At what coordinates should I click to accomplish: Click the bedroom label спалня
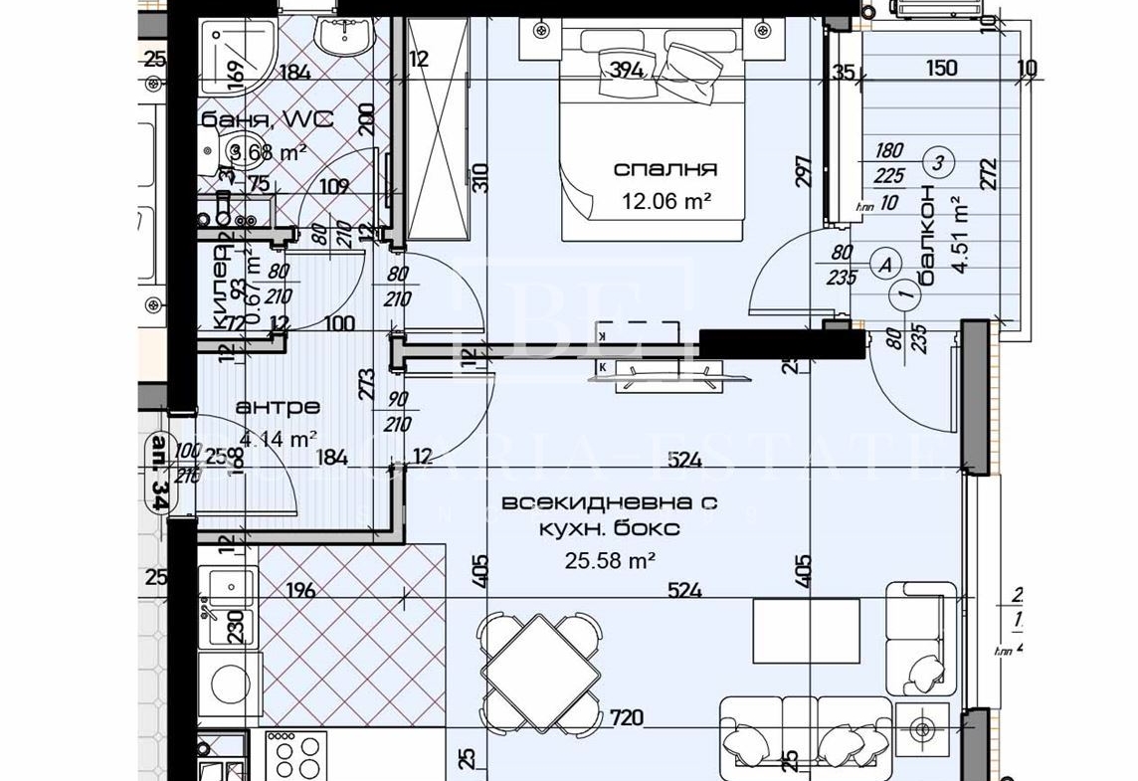(664, 169)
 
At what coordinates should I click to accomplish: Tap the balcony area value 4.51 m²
(961, 228)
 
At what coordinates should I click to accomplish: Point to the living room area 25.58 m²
(610, 560)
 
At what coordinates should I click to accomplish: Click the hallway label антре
(278, 407)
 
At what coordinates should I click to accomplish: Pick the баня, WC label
(264, 120)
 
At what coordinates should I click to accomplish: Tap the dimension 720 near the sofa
(627, 717)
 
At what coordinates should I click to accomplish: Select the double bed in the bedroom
(651, 134)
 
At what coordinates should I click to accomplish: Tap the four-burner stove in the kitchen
(296, 755)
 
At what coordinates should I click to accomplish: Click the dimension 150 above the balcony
(941, 68)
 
